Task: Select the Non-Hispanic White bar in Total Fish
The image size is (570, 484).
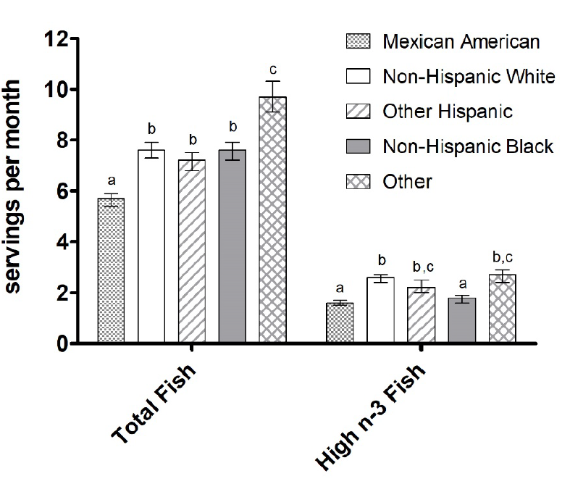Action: pyautogui.click(x=151, y=246)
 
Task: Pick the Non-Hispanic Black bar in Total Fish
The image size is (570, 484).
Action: pyautogui.click(x=232, y=246)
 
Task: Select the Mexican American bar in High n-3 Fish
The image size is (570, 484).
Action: pyautogui.click(x=340, y=323)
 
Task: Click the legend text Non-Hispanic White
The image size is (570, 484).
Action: pyautogui.click(x=469, y=77)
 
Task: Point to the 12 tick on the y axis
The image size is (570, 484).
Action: pyautogui.click(x=56, y=39)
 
